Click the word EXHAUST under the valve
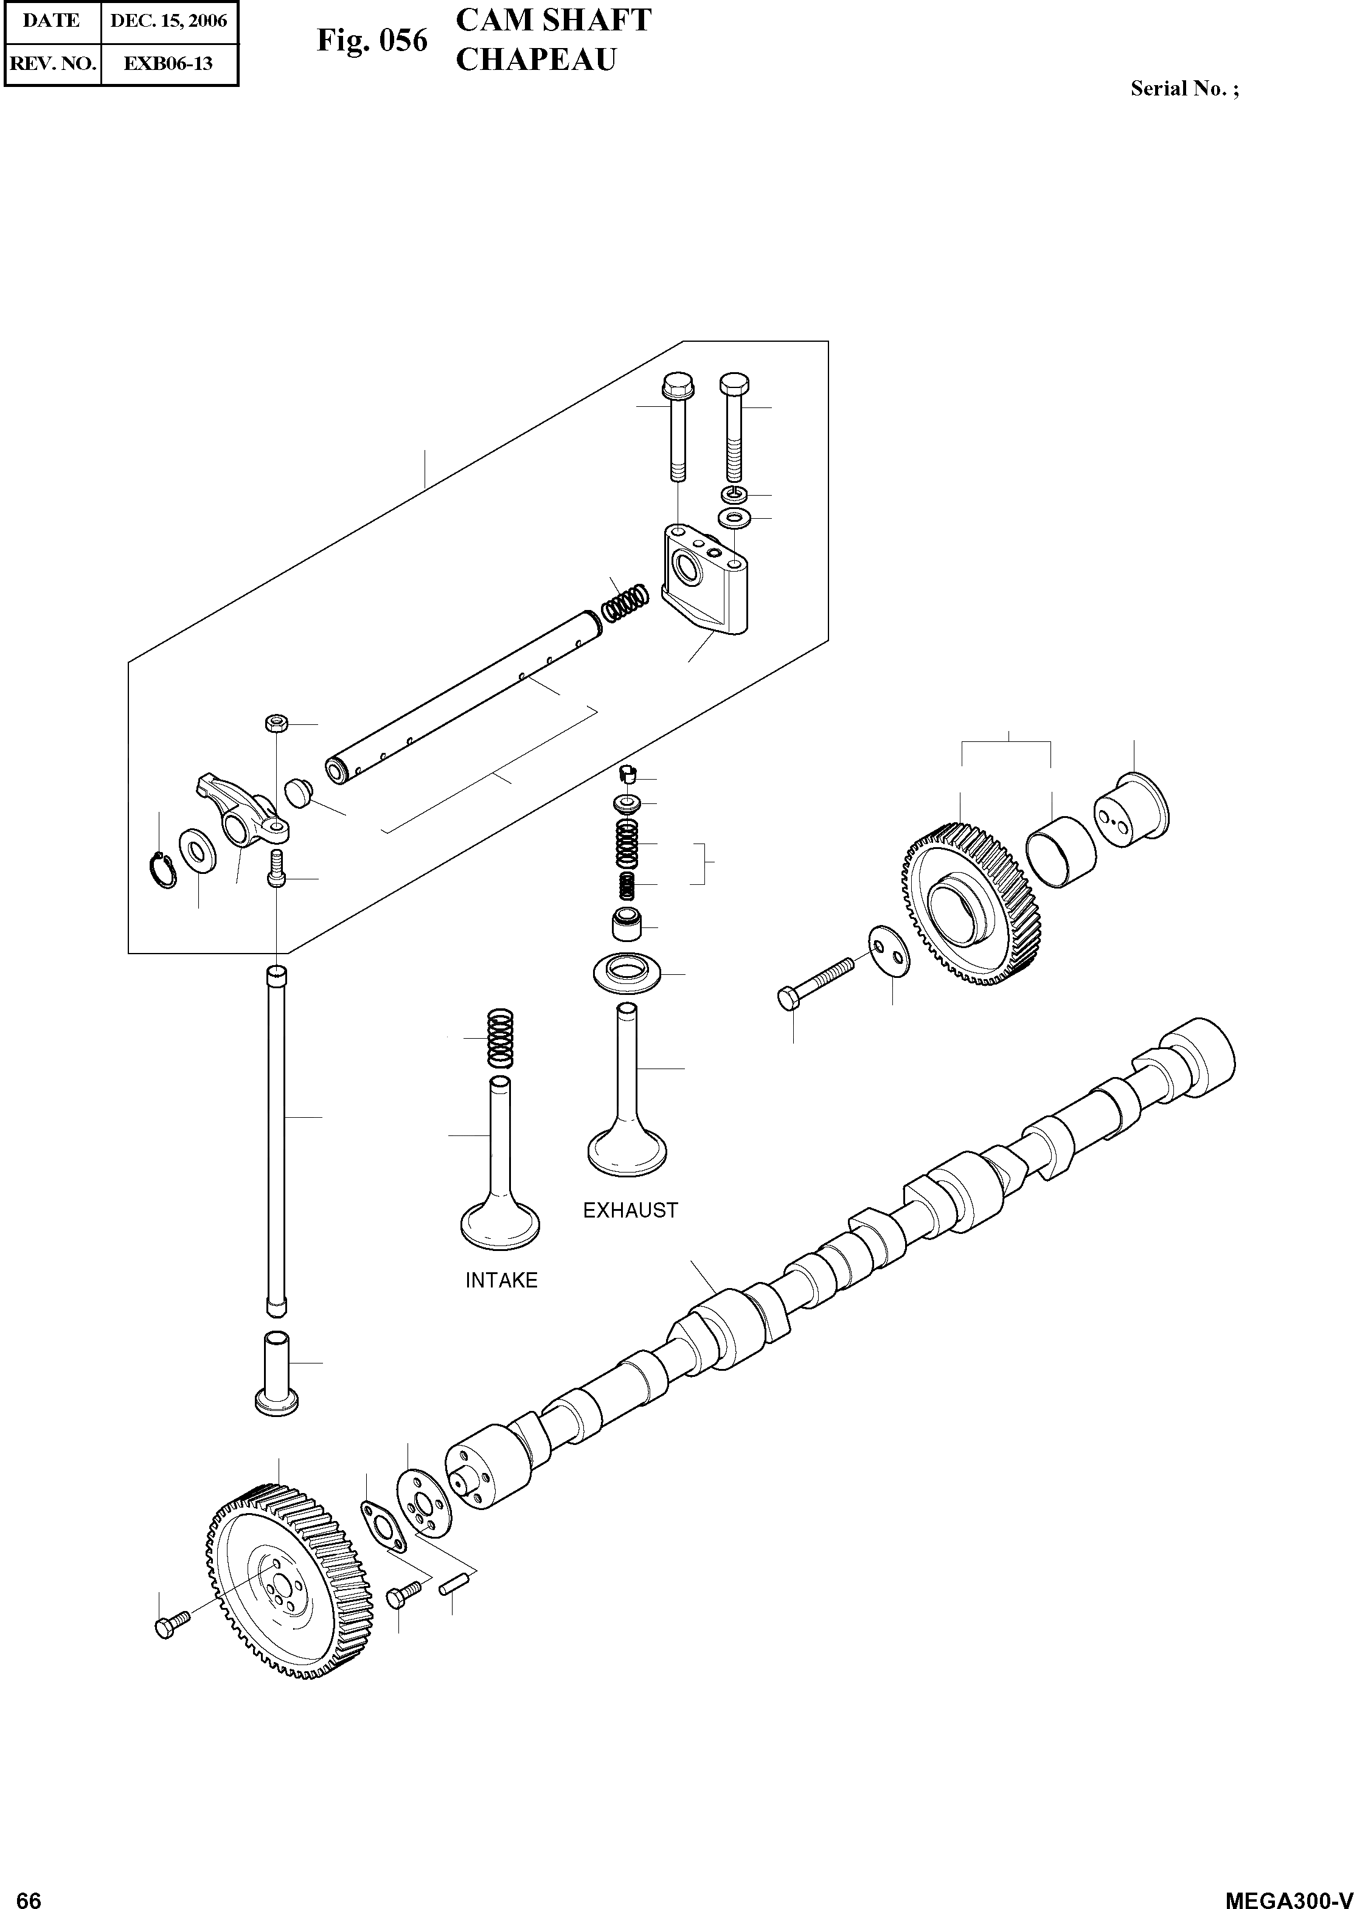[630, 1210]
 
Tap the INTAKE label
[501, 1280]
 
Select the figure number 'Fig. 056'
[372, 40]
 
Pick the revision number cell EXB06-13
[168, 63]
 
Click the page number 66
[29, 1894]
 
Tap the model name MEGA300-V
[1288, 1894]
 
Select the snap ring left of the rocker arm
[164, 870]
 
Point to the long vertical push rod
[276, 1142]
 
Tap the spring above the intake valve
[499, 1038]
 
